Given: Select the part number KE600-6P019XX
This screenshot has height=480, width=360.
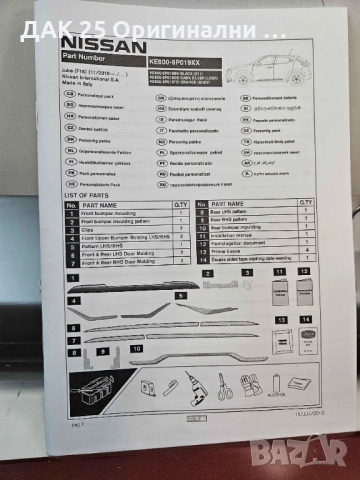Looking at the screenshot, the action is (174, 62).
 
